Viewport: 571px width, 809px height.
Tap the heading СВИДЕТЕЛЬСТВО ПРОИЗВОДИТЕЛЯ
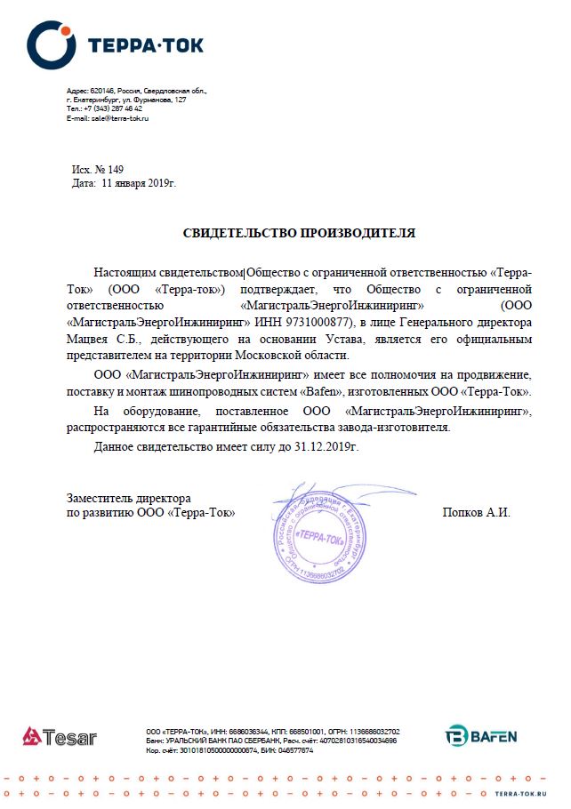(299, 234)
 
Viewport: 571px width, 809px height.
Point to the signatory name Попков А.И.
(476, 513)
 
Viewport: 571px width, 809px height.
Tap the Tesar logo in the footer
(60, 737)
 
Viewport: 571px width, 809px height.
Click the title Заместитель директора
(128, 499)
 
